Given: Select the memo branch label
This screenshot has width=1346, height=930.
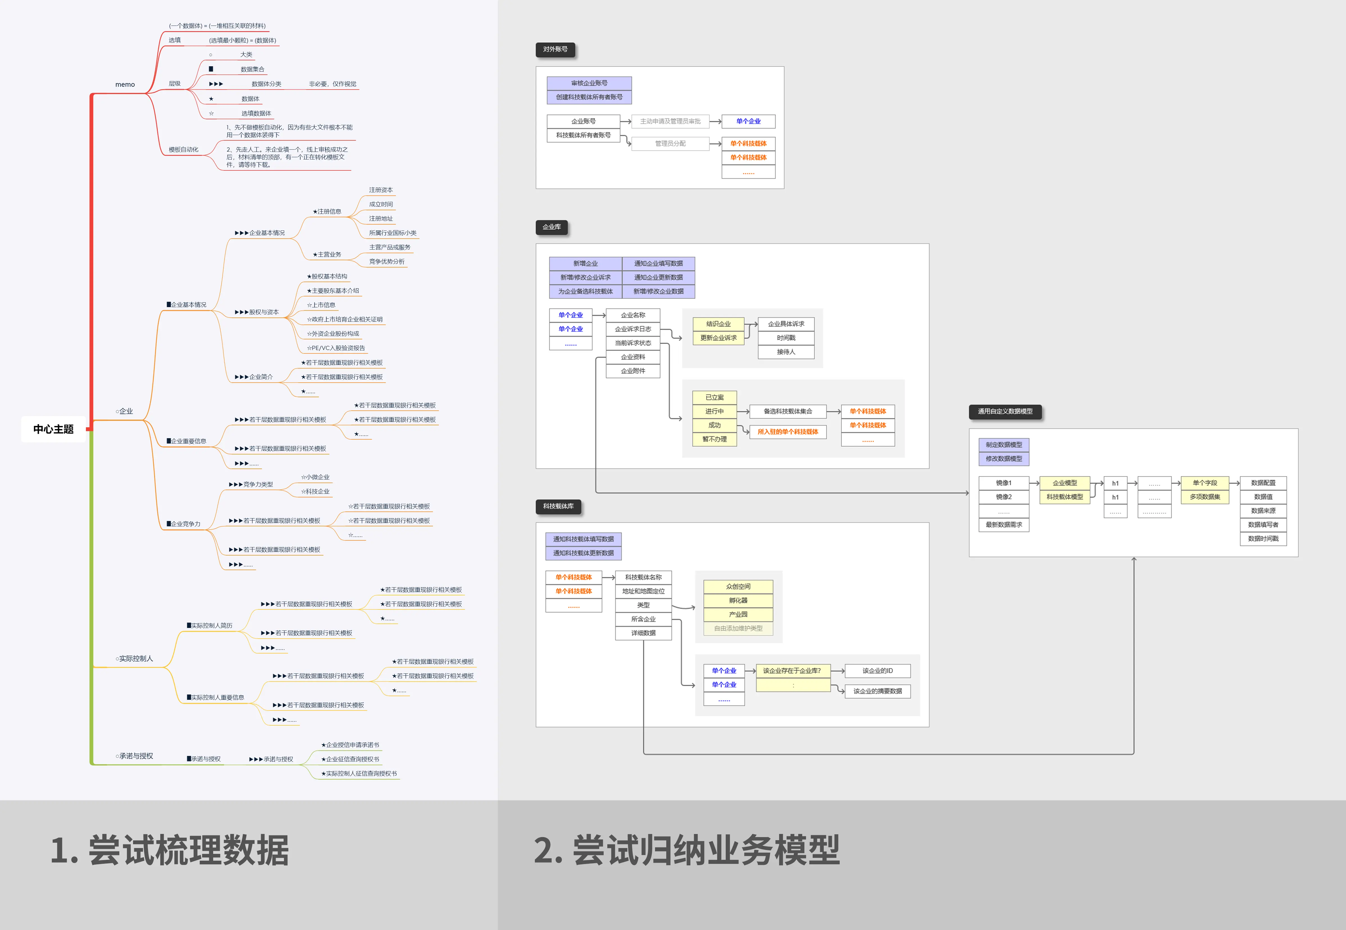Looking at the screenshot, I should pos(125,84).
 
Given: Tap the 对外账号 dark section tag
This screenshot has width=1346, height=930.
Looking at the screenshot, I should pos(555,49).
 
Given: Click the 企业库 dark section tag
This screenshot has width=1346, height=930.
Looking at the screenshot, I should pos(551,227).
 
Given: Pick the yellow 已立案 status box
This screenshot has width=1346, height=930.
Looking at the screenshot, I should pos(714,397).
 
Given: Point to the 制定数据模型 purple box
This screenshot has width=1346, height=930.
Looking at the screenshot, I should pos(1003,445).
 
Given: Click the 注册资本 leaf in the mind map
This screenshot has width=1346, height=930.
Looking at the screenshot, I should pos(380,190).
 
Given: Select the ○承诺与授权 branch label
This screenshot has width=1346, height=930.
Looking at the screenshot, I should pos(134,756).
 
